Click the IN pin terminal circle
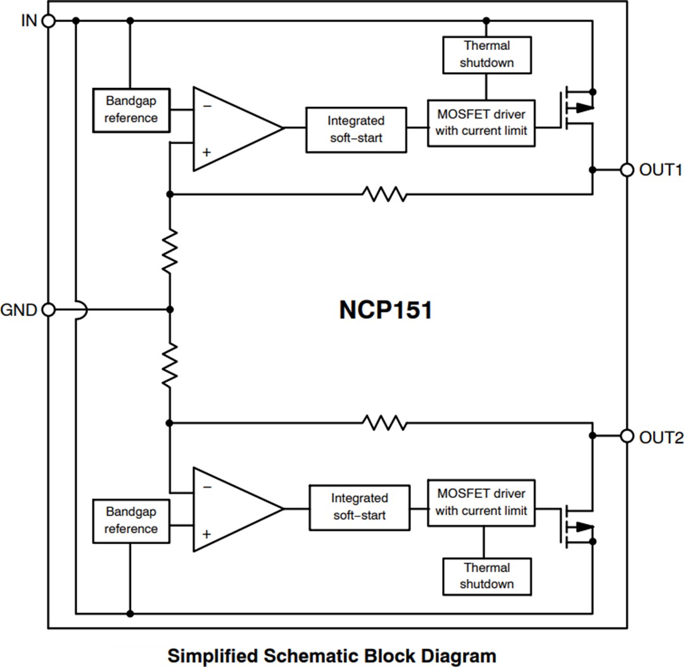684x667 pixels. (48, 21)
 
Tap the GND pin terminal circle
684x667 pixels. (48, 310)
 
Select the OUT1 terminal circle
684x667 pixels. (627, 170)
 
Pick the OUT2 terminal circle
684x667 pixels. (627, 436)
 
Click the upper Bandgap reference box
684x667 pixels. (131, 110)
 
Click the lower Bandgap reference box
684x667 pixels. (131, 521)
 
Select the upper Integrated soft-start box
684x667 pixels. (356, 129)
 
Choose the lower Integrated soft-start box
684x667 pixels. (359, 507)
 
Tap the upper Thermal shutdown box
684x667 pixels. (486, 54)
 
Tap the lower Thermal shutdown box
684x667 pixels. (486, 576)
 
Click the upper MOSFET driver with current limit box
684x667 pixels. (481, 123)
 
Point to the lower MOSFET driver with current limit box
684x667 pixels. (481, 502)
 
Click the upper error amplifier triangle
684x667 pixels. (231, 129)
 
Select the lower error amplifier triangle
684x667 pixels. (231, 509)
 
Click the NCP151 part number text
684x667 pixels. (386, 310)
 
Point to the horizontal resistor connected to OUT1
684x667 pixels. (384, 194)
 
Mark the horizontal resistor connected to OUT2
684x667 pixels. (384, 422)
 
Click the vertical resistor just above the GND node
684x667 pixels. (170, 251)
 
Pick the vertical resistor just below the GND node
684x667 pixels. (170, 365)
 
